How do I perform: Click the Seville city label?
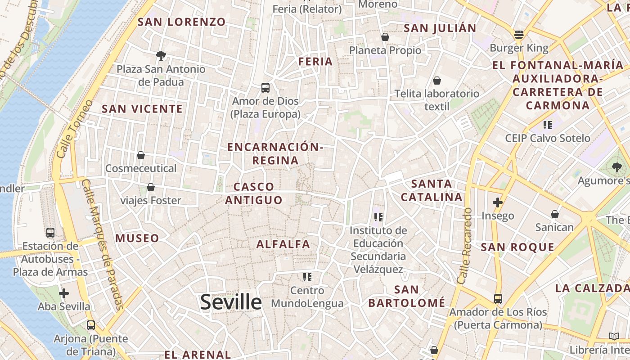[231, 302]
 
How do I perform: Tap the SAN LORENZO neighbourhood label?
[181, 22]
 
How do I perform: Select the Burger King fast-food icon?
[519, 35]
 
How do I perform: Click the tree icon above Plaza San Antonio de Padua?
[161, 56]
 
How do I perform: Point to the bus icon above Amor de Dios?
[265, 87]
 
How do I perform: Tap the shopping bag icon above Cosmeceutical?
[141, 155]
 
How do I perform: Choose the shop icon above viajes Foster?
[151, 187]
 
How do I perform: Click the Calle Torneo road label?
[75, 129]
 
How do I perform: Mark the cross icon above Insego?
[497, 202]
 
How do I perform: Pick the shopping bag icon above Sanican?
[555, 214]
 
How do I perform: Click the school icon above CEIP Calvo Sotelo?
[547, 125]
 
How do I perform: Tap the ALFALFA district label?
[283, 244]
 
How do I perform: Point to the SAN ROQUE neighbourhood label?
[517, 247]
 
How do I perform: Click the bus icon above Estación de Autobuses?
[50, 233]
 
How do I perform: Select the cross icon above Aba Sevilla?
[64, 293]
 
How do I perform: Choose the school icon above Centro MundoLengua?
[307, 277]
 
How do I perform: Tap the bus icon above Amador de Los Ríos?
[498, 298]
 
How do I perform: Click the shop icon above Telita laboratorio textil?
[436, 81]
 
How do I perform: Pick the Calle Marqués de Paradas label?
[103, 245]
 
